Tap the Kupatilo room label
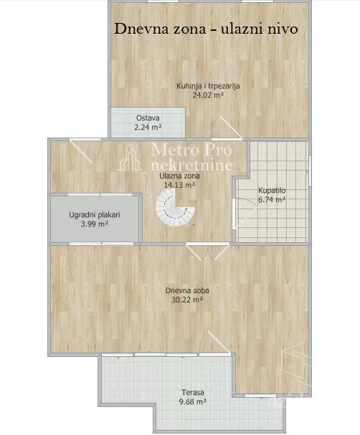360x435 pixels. tap(272, 191)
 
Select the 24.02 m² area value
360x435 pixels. tap(208, 95)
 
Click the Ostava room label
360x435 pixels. tap(148, 118)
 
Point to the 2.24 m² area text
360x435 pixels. tap(148, 128)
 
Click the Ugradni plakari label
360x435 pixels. tap(95, 215)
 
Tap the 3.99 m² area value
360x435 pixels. tap(95, 224)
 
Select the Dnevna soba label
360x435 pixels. tap(187, 290)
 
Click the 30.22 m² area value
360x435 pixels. tap(187, 300)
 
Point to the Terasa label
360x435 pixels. tap(193, 392)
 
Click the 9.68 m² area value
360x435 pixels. tap(193, 401)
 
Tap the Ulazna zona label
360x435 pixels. tap(179, 176)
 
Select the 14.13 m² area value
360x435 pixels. tap(179, 185)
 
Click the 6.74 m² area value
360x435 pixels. tap(272, 199)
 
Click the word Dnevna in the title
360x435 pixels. tap(141, 29)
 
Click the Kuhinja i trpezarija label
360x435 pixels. tap(208, 86)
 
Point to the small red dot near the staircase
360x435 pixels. tap(194, 225)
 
